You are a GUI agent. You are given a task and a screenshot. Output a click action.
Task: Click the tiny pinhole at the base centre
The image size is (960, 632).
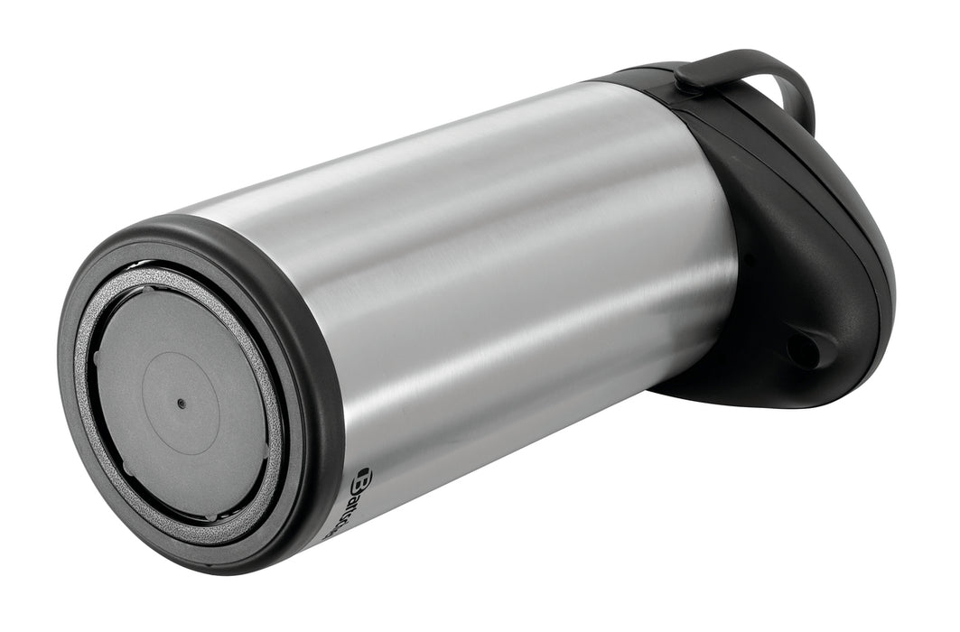[x=181, y=403]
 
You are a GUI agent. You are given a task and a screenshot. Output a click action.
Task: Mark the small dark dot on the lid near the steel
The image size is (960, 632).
[x=747, y=261]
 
